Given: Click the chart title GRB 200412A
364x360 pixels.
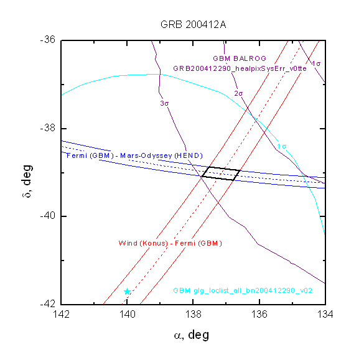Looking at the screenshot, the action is point(193,25).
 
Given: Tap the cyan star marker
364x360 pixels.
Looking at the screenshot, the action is point(127,292).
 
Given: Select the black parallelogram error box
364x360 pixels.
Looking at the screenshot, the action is point(210,167).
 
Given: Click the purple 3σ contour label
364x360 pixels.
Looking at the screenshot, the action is point(164,103).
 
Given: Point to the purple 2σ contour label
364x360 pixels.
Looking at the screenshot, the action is point(238,93).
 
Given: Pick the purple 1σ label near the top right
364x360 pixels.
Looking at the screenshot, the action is point(316,63).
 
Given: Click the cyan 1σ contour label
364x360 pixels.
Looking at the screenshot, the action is point(282,146).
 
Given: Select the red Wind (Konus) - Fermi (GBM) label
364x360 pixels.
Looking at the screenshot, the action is point(170,243).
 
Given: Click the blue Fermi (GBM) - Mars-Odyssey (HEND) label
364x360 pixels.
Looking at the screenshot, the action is point(134,155).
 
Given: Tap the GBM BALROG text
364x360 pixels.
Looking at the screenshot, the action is point(240,58).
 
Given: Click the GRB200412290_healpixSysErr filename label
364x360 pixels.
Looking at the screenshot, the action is point(240,68).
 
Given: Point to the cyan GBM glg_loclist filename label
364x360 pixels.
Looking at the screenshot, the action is point(243,290).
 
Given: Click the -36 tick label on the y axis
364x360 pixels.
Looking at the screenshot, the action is point(48,39).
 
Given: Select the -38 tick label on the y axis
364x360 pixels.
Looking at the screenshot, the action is point(48,127).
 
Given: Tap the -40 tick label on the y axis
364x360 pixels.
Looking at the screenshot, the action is point(48,216).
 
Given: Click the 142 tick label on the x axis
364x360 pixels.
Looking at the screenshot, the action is point(61,315).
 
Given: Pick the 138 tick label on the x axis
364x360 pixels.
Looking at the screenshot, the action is point(193,315).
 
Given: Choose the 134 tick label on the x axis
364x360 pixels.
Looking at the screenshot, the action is point(325,315).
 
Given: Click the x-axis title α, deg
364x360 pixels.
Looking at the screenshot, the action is point(192,335).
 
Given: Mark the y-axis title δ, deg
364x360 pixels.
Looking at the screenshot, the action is point(27,181).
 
